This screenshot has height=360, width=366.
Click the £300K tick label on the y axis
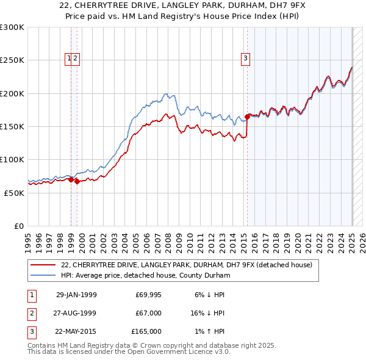point(12,27)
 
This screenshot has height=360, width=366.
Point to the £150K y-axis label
point(12,127)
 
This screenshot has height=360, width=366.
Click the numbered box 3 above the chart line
point(245,59)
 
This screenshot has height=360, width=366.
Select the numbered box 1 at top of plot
point(69,59)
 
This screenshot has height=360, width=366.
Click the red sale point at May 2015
point(247,117)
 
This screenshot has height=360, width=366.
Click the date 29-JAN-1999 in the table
point(76,295)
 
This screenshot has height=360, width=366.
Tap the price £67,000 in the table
point(148,313)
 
